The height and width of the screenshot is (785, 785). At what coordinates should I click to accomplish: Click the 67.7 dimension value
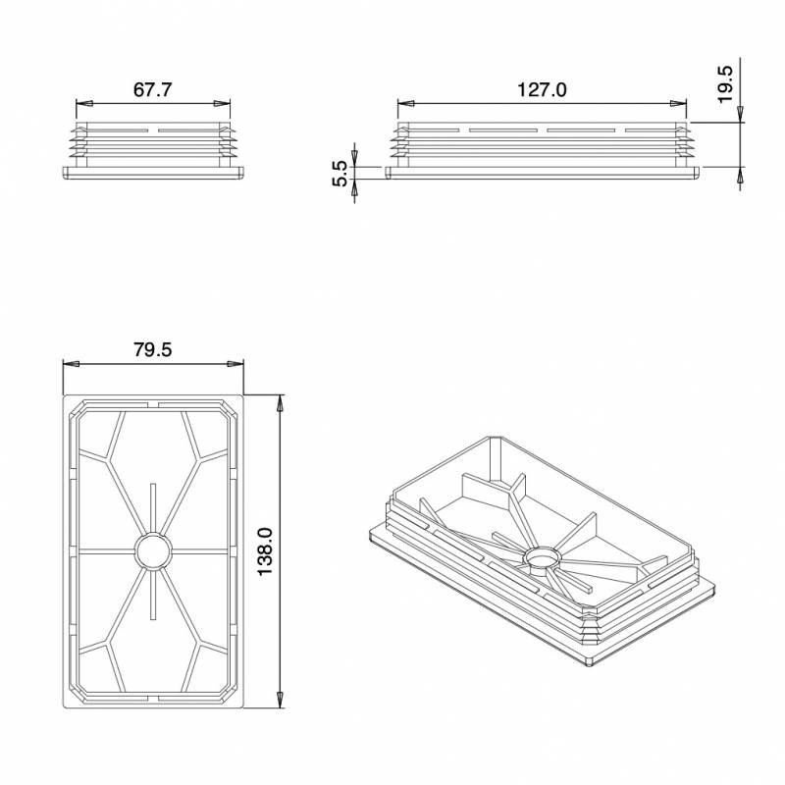coord(153,90)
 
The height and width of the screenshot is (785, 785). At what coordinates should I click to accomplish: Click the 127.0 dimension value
coord(542,90)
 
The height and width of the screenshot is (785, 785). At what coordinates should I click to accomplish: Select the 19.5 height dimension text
coord(725,85)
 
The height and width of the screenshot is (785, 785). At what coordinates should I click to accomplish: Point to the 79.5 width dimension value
coord(153,350)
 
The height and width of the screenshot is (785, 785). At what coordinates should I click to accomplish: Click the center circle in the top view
coord(152,550)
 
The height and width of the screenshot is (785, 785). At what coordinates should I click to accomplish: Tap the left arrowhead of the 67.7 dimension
coord(82,103)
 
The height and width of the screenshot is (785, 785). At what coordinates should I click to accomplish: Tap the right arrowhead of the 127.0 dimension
coord(679,103)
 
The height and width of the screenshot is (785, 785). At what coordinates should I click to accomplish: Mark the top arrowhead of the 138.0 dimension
coord(282,402)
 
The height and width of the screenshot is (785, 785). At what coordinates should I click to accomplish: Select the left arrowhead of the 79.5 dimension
coord(70,364)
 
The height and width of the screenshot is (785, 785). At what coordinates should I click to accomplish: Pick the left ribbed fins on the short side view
coord(74,143)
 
